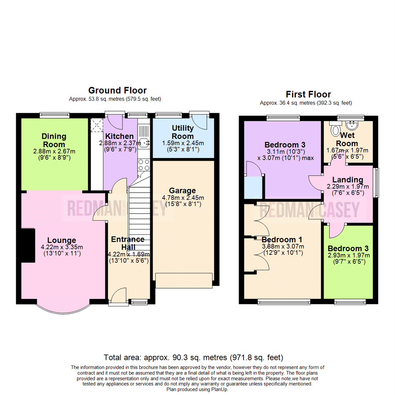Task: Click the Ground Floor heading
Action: coord(117,90)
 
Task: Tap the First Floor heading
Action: coord(308,94)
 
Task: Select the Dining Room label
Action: coord(54,140)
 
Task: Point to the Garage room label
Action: coord(183,191)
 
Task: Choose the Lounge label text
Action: coord(59,240)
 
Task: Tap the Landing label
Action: coord(347,180)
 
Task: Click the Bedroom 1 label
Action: coord(282,240)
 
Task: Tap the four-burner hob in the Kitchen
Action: coord(144,165)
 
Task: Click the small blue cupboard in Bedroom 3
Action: coord(253,187)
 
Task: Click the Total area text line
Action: coord(193,357)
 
